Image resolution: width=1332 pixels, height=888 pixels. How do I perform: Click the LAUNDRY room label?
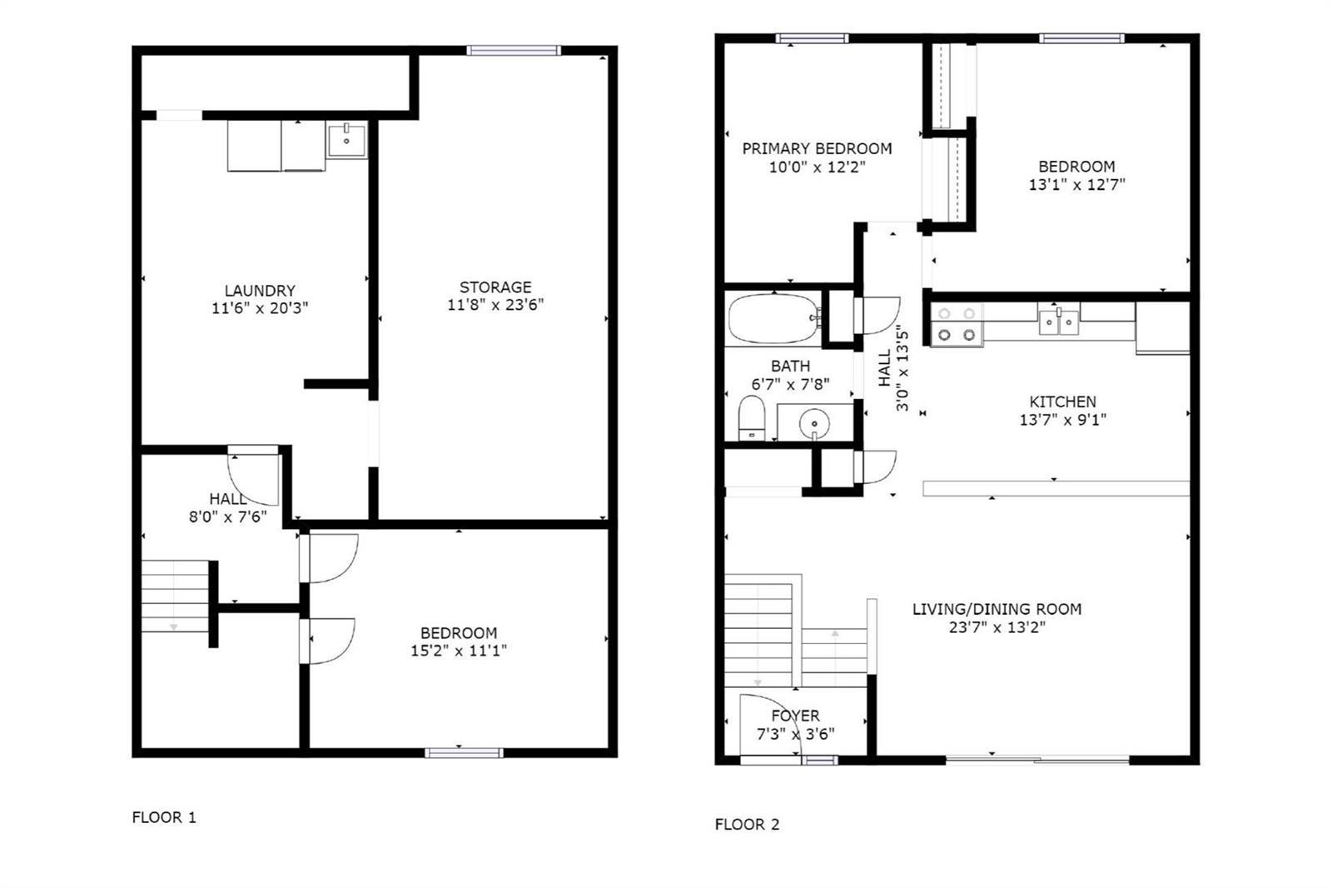[x=260, y=291]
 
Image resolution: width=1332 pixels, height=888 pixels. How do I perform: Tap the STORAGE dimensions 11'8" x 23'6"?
[x=495, y=305]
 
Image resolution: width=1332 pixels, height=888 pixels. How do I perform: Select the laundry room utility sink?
[x=346, y=141]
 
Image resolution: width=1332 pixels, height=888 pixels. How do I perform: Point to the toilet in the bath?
[x=752, y=418]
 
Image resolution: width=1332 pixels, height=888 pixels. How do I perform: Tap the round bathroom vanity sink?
[x=814, y=424]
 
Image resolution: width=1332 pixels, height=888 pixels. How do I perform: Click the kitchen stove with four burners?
[x=957, y=324]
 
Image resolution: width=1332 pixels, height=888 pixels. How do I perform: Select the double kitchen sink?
[x=1059, y=322]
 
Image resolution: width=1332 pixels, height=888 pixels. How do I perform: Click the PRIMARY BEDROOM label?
[x=817, y=148]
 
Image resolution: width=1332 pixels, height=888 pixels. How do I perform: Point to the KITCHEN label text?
[x=1062, y=402]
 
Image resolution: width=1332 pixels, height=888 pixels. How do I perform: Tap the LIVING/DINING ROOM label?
[x=997, y=609]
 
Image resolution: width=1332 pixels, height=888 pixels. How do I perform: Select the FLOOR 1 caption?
[x=164, y=817]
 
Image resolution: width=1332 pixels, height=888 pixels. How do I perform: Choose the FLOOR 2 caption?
[x=747, y=825]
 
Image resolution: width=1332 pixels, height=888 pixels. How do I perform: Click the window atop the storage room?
[x=513, y=51]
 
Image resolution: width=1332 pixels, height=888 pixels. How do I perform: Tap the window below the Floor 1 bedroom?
[x=464, y=753]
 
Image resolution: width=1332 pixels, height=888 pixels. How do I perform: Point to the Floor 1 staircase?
[x=175, y=596]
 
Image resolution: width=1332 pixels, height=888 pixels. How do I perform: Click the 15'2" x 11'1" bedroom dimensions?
[x=459, y=651]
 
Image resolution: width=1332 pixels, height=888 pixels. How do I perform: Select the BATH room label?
[x=790, y=366]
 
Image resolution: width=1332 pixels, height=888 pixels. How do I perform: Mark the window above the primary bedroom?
[x=813, y=38]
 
